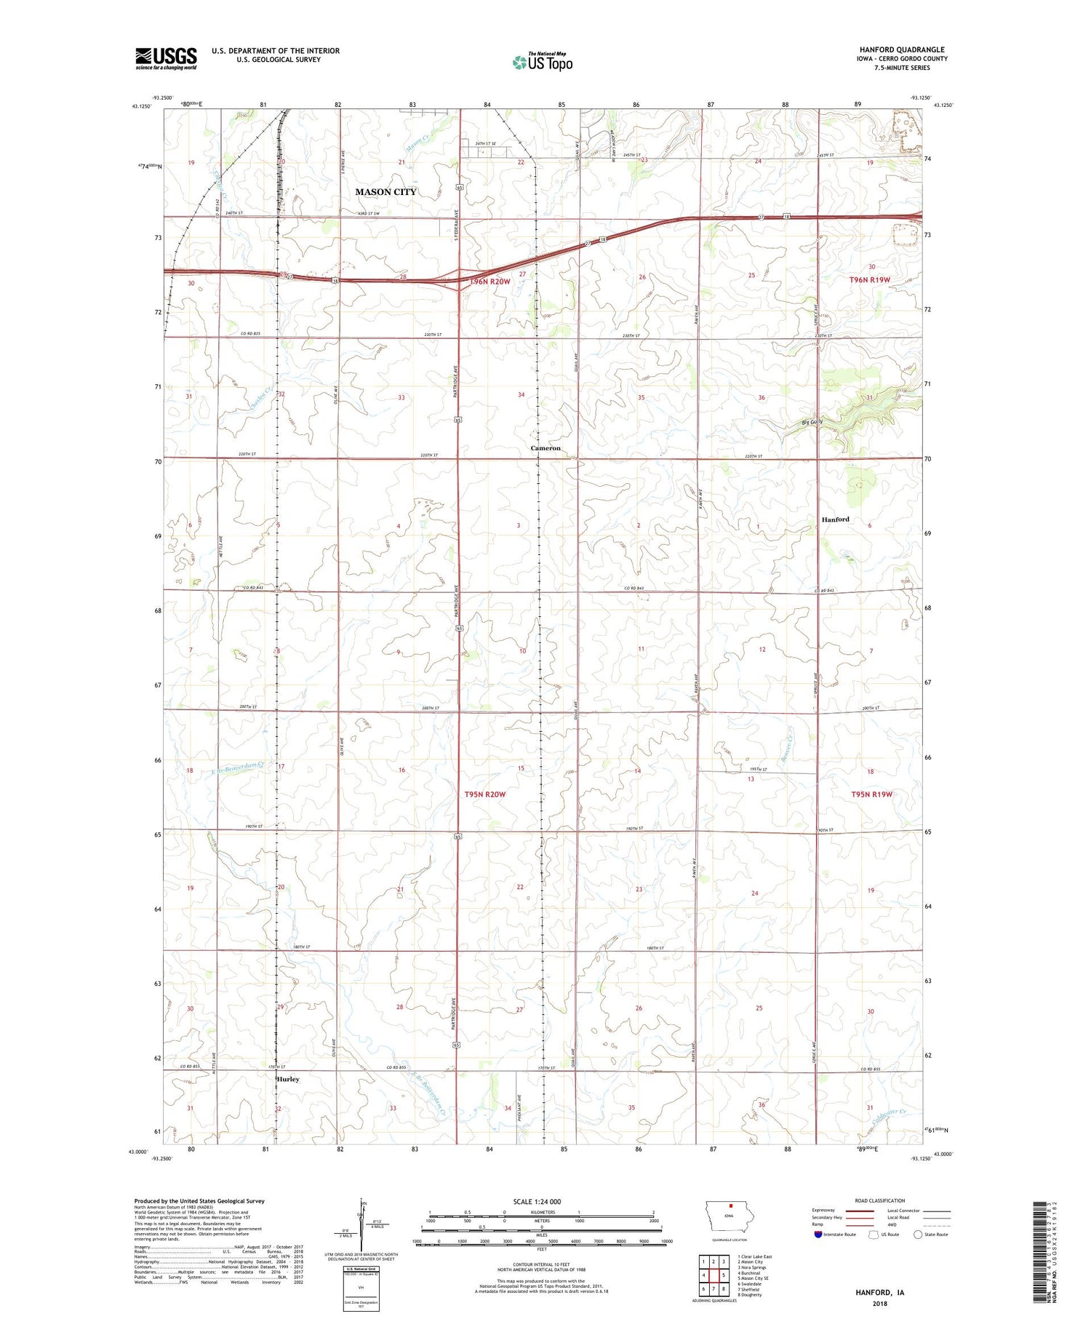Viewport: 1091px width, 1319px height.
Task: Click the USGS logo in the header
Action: coord(165,58)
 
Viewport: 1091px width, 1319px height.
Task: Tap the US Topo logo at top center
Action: coord(543,62)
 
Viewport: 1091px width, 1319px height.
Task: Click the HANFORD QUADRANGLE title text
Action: coord(901,49)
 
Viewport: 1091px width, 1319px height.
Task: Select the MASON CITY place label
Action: coord(385,192)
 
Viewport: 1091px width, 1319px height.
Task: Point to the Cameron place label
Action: coord(545,448)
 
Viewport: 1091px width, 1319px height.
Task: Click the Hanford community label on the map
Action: coord(835,519)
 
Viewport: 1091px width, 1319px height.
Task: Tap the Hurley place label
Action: coord(288,1079)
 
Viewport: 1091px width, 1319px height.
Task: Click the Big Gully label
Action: coord(812,422)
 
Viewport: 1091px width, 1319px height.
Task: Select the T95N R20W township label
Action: coord(484,794)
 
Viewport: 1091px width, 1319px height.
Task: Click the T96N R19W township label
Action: coord(870,280)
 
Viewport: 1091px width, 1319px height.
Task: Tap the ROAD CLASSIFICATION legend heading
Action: coord(880,1200)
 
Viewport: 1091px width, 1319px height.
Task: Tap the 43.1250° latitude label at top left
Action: coord(141,106)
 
